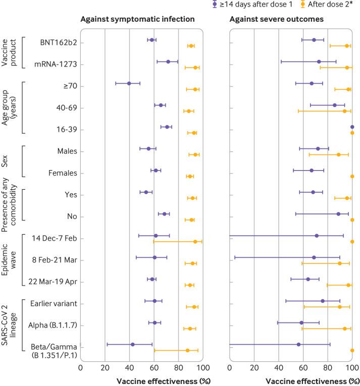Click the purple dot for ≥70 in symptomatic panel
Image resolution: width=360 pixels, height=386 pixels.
tap(129, 83)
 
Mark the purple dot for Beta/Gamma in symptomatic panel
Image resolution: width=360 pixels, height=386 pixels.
tap(133, 344)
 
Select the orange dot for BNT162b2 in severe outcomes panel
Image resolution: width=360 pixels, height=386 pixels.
tap(347, 46)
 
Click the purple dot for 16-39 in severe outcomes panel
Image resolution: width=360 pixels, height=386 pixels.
tap(352, 127)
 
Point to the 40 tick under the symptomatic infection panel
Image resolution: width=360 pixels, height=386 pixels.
tap(129, 367)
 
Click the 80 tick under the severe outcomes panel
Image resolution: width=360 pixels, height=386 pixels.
tap(328, 367)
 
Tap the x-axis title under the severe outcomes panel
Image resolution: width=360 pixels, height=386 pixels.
tap(291, 380)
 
